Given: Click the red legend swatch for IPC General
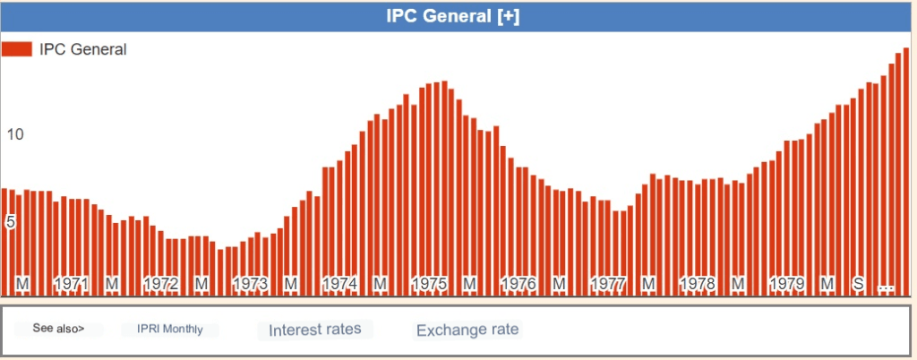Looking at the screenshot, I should pos(17,49).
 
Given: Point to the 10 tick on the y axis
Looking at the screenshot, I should pos(14,134).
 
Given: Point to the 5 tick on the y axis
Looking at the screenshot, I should pos(11,221).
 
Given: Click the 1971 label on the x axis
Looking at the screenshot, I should pos(72,284).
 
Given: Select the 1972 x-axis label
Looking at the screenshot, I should pos(161,284).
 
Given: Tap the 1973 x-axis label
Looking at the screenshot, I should pos(251,284).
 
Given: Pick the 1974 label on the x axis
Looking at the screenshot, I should pos(340,284).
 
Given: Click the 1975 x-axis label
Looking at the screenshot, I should pos(429,284).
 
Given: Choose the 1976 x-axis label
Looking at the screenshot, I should pos(518,284).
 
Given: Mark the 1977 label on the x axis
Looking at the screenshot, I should pos(608,284).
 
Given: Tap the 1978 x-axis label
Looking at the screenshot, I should pos(698,284).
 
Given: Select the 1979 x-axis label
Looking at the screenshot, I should pos(787,284).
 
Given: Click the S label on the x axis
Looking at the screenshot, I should pos(858,284).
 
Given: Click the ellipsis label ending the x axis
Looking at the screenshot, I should pos(886,286).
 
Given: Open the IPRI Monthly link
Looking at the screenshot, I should pos(170,330).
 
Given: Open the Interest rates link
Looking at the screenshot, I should pos(314,330).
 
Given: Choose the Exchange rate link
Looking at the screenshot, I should pos(467,330).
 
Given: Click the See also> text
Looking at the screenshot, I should pos(59,329).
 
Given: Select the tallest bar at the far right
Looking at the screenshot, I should pos(905,170).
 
